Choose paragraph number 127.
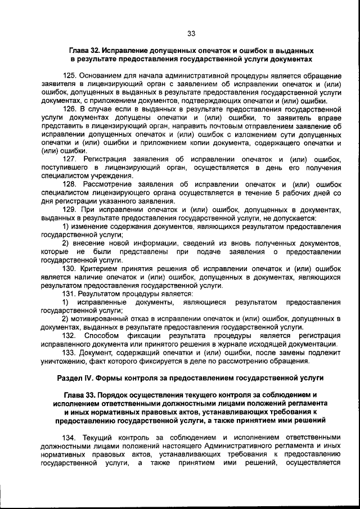(x=71, y=159)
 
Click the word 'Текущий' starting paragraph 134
(x=97, y=437)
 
